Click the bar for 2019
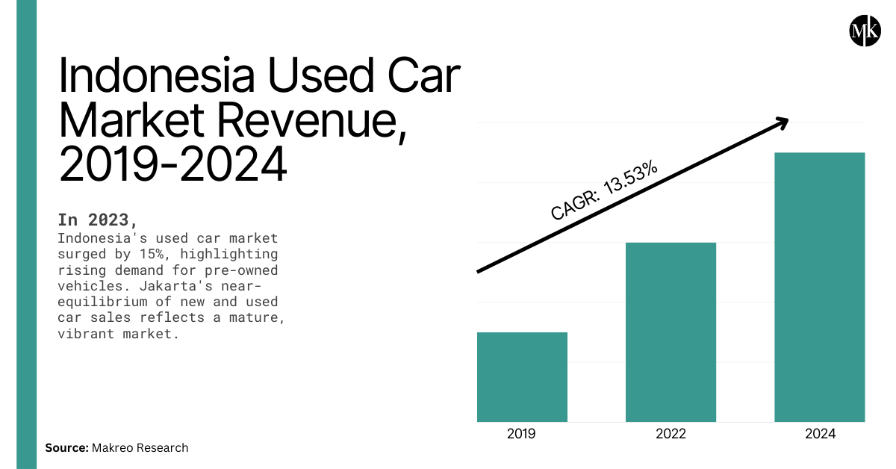[x=522, y=377]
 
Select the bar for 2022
[x=671, y=332]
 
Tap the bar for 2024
[x=819, y=288]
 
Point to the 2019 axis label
[x=522, y=434]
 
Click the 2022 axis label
[x=671, y=434]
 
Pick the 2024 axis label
[x=820, y=434]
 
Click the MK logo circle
[x=865, y=29]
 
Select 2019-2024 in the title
[x=172, y=166]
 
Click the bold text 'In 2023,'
[x=98, y=220]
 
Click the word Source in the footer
[x=66, y=448]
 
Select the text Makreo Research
[x=140, y=448]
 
